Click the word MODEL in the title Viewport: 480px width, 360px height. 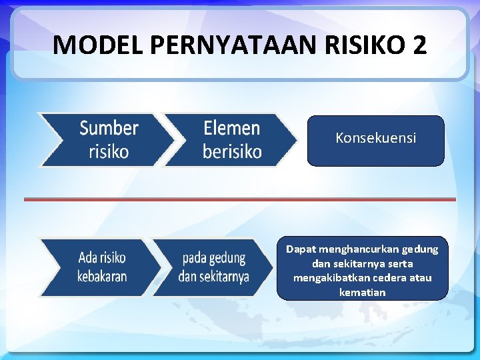[98, 45]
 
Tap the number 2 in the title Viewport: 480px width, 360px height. [420, 45]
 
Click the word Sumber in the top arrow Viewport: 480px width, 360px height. [109, 127]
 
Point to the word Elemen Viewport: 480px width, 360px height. [232, 127]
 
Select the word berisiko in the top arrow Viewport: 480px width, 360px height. [232, 152]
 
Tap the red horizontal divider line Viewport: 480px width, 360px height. [240, 199]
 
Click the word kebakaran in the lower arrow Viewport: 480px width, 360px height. [102, 276]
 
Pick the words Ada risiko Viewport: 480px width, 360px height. [102, 257]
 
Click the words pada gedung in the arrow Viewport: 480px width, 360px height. [214, 257]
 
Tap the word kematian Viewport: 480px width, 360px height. [362, 292]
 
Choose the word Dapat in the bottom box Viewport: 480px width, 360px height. [299, 249]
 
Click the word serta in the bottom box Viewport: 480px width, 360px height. [399, 263]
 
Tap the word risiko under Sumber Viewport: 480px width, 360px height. [109, 152]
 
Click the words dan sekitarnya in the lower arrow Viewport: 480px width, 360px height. [214, 276]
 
